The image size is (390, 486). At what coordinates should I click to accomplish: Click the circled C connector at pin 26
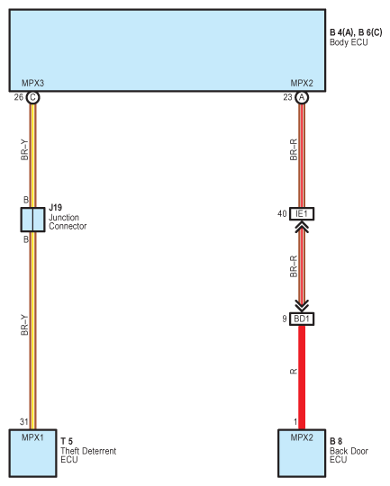click(x=32, y=97)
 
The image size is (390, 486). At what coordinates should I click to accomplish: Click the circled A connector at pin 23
click(x=302, y=97)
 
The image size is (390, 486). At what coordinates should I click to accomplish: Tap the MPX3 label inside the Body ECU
click(x=32, y=83)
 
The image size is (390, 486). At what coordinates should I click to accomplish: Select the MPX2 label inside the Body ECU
click(x=302, y=83)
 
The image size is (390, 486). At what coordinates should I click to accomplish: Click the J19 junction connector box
click(x=32, y=220)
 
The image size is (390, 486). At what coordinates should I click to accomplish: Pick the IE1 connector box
click(x=302, y=214)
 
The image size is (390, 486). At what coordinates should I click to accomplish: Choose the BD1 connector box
click(x=302, y=319)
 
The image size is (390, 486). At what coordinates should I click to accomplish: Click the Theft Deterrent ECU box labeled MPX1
click(x=32, y=453)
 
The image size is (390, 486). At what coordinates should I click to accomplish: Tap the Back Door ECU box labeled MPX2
click(x=302, y=453)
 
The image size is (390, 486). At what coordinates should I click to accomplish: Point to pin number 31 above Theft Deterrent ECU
click(x=24, y=421)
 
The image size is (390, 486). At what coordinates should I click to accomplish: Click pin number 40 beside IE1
click(x=282, y=213)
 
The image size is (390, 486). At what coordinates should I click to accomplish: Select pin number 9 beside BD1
click(x=285, y=319)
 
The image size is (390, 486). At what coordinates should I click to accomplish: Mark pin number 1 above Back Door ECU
click(x=295, y=421)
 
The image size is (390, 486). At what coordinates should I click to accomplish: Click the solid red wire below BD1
click(x=302, y=377)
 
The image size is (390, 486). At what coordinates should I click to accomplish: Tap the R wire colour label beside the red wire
click(x=294, y=372)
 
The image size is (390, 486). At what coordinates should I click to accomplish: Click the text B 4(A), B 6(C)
click(x=356, y=32)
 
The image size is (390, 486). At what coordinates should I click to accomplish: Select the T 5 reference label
click(x=67, y=441)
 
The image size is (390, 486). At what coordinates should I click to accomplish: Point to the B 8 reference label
click(x=336, y=441)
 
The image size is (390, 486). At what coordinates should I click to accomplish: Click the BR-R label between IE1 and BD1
click(x=294, y=266)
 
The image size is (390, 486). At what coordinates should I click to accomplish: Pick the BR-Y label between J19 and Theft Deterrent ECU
click(x=24, y=325)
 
